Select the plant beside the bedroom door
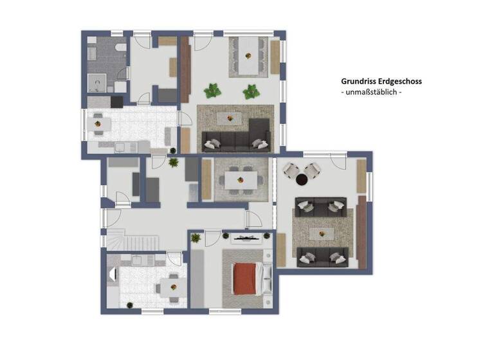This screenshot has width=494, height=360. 196,239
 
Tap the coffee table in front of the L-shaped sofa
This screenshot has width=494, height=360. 229,117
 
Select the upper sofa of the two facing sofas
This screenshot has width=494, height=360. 320,206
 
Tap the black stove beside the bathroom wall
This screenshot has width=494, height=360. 116,102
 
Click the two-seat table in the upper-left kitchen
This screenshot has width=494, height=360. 98,122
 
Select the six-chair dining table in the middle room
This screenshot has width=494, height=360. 240,180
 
